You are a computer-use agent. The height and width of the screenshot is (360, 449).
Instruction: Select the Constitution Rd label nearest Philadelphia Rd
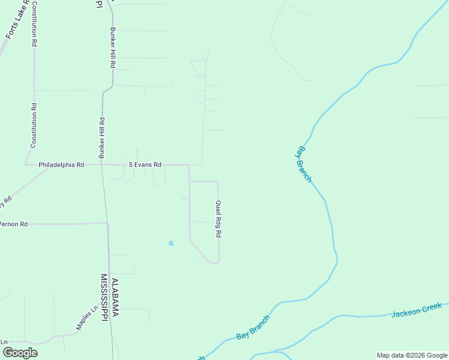pos(34,125)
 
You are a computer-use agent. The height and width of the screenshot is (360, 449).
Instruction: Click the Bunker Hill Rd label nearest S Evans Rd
pos(102,137)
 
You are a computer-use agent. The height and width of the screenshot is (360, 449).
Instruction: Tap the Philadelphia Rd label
pos(61,164)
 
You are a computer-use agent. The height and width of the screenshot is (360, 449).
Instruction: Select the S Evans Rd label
pos(145,164)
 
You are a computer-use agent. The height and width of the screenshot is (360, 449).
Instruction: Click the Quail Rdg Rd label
pos(218,219)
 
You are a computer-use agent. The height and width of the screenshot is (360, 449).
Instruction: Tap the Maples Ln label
pos(86,319)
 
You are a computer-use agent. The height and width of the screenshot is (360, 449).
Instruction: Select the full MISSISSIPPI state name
pos(104,298)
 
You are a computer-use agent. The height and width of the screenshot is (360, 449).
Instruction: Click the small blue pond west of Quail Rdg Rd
pos(171,243)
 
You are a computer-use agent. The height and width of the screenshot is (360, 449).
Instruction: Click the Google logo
pos(19,353)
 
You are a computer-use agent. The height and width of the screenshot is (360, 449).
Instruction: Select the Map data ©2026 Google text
pos(411,355)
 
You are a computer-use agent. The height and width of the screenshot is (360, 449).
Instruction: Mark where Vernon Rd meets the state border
pos(107,224)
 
